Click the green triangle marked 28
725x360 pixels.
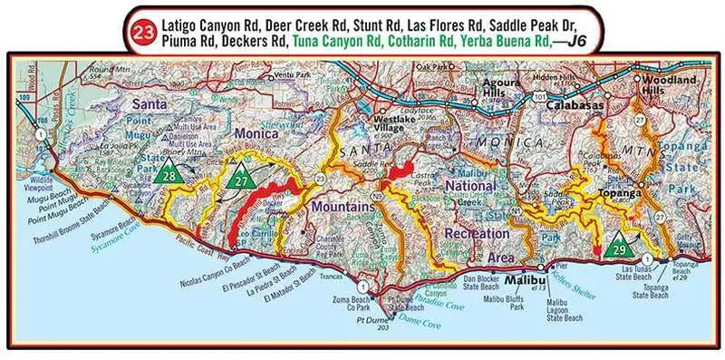[x=166, y=173]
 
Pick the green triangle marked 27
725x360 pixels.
[x=240, y=176]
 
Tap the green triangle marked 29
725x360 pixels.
[x=620, y=245]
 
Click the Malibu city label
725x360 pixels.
[x=522, y=270]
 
